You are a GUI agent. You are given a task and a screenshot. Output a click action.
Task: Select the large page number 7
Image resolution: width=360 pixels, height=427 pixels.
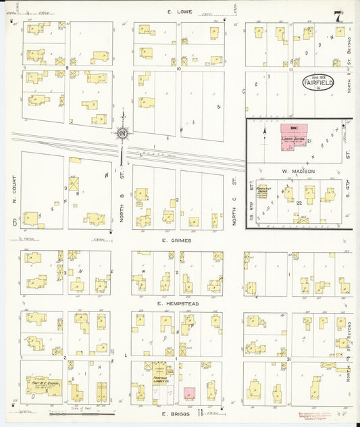(336, 14)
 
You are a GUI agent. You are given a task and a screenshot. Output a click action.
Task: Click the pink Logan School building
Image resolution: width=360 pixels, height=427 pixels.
(293, 139)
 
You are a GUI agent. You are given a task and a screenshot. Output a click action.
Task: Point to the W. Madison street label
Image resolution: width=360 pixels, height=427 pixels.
(294, 171)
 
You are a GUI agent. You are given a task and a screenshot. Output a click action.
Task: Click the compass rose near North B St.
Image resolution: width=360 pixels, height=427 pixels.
(122, 134)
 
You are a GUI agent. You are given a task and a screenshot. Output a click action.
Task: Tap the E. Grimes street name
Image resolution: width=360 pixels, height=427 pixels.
(177, 240)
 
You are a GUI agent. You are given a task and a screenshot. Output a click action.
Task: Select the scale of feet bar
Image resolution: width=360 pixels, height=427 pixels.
(78, 412)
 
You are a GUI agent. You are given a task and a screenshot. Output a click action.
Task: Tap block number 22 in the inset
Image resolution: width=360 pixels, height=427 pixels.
(298, 201)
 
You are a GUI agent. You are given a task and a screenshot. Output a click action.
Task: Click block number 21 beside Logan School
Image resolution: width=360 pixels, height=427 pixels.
(309, 141)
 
